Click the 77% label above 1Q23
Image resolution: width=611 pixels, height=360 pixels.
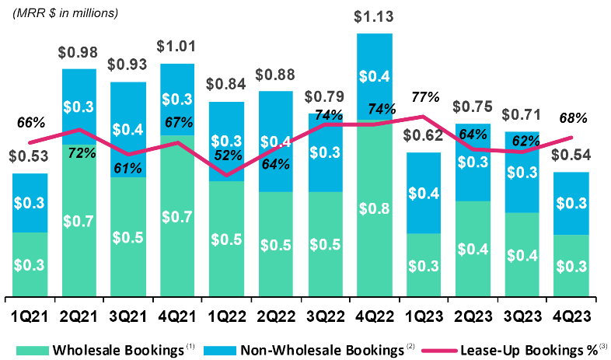(x=425, y=98)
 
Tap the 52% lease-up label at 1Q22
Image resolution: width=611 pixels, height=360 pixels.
(x=228, y=156)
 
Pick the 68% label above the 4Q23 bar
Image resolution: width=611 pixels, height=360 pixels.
(x=572, y=118)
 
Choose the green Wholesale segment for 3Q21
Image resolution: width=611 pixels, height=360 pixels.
(x=129, y=237)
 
